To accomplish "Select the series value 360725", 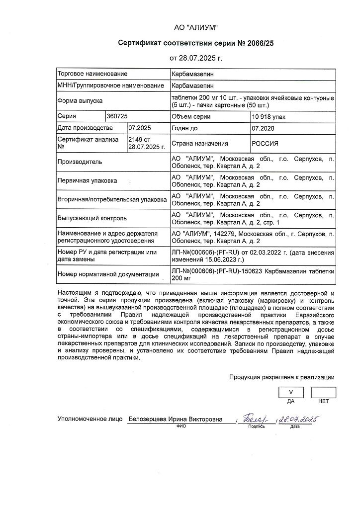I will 117,116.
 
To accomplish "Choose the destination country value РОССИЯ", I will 266,144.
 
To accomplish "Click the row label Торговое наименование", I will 92,74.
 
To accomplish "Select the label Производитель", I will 80,162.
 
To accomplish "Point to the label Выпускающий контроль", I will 92,218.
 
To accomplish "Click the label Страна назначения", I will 200,144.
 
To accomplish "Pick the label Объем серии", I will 191,117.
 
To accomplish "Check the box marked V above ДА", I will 291,392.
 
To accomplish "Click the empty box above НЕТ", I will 324,392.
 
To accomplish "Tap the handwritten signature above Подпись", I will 256,420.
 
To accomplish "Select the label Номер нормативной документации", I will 108,274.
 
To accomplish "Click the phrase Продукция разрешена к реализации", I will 281,377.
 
